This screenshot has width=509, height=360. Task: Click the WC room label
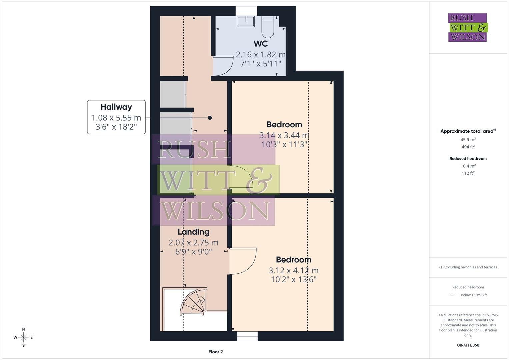tap(260, 44)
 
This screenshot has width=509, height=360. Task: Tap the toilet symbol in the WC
tap(268, 27)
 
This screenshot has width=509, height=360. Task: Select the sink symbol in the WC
tap(246, 22)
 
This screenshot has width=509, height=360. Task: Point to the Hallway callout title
tap(116, 107)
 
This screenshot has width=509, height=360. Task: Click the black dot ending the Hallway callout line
tap(210, 118)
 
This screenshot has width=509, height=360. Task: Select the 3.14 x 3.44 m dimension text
tap(284, 135)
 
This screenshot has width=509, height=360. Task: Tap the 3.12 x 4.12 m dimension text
tap(293, 270)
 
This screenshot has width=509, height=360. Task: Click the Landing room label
tap(193, 232)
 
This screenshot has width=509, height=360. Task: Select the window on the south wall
tap(247, 336)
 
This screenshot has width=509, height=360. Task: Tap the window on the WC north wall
tap(246, 11)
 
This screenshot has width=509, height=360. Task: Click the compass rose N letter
tap(23, 329)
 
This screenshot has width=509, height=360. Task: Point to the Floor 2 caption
tap(215, 352)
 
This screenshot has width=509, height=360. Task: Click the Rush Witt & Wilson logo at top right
tap(467, 28)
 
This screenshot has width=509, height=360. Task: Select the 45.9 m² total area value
tap(468, 140)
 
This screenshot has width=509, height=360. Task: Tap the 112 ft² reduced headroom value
tap(468, 173)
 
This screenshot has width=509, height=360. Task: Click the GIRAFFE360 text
tap(468, 345)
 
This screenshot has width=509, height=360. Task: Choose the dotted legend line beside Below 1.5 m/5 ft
tap(454, 295)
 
